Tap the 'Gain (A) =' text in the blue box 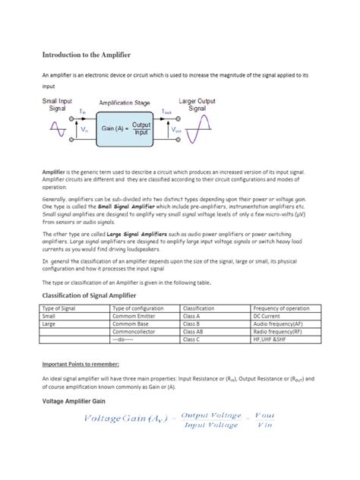pos(112,128)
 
